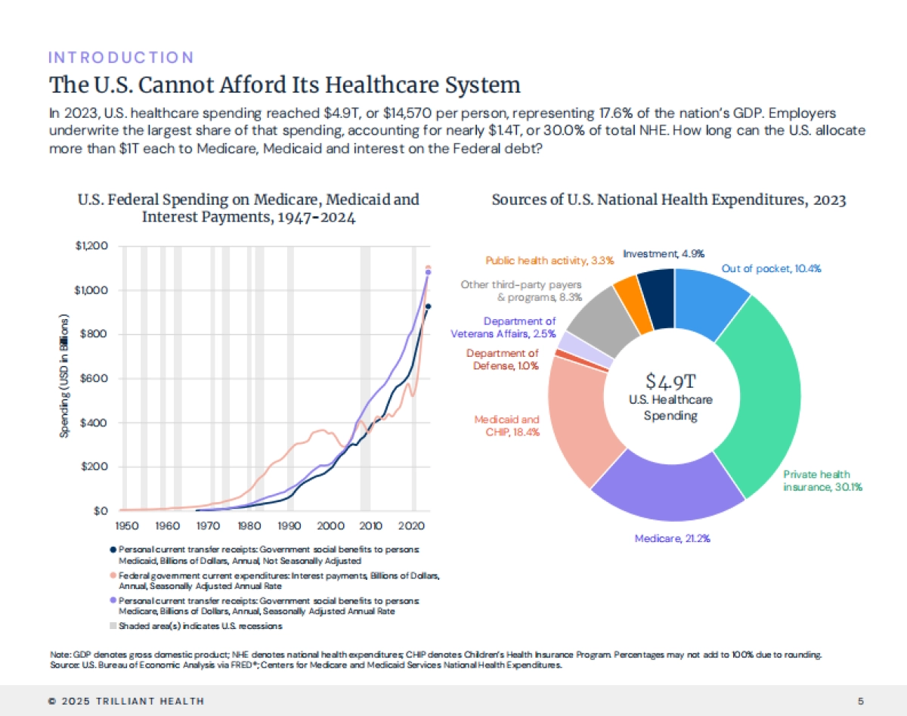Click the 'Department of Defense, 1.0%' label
coord(502,359)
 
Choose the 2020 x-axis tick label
coord(410,525)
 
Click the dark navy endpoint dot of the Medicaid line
coord(428,306)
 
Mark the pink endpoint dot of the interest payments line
coord(428,268)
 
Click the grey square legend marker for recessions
coord(113,625)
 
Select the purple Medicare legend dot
coord(113,600)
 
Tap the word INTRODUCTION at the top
coord(121,57)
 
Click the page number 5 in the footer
coord(862,700)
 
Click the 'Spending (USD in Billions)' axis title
coord(67,378)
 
